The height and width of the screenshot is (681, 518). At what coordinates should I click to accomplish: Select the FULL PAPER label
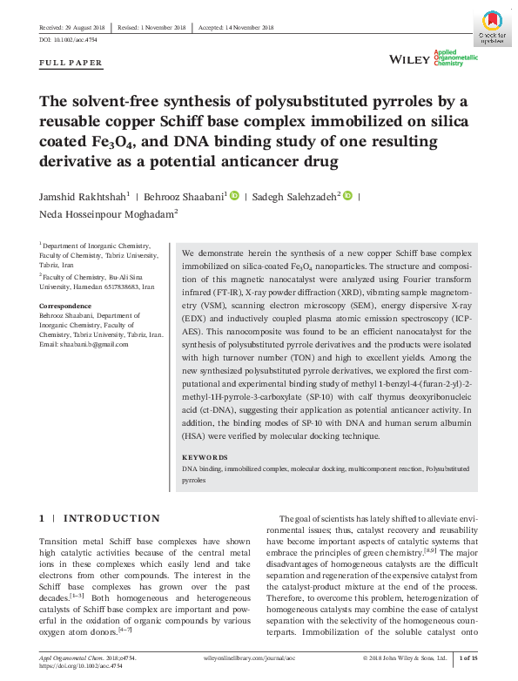click(71, 63)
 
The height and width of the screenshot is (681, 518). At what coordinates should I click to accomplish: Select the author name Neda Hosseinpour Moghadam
click(106, 213)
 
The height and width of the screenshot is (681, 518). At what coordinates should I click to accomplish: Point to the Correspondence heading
click(65, 306)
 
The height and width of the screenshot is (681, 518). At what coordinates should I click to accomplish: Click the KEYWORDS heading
click(205, 457)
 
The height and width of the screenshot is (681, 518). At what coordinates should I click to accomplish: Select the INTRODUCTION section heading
click(111, 518)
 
